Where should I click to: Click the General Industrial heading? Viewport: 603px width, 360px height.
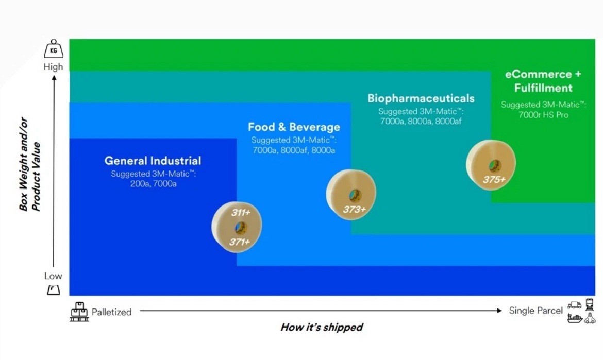153,161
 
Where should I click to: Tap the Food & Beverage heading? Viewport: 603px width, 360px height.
294,127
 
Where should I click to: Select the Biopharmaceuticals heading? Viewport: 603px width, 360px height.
421,98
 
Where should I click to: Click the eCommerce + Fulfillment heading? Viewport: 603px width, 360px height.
543,81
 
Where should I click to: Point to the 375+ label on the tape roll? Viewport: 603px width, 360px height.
494,180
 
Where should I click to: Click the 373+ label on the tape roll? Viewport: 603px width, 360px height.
354,209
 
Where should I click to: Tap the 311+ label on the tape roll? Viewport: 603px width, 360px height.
240,212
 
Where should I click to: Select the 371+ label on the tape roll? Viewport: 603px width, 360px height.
240,242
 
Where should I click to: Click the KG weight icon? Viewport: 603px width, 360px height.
54,50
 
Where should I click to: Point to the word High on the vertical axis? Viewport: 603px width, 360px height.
53,66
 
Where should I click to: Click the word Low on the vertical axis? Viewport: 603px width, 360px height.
53,276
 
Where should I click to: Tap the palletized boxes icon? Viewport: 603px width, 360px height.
79,312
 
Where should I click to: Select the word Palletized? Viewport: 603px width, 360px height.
111,312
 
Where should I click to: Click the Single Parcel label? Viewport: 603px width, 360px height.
535,311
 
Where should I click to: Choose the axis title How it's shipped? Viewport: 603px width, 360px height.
322,327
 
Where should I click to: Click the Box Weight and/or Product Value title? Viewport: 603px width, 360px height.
30,177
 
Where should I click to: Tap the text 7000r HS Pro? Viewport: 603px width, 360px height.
543,115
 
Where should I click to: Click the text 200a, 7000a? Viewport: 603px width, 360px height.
153,184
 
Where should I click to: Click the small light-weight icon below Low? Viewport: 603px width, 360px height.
54,290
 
